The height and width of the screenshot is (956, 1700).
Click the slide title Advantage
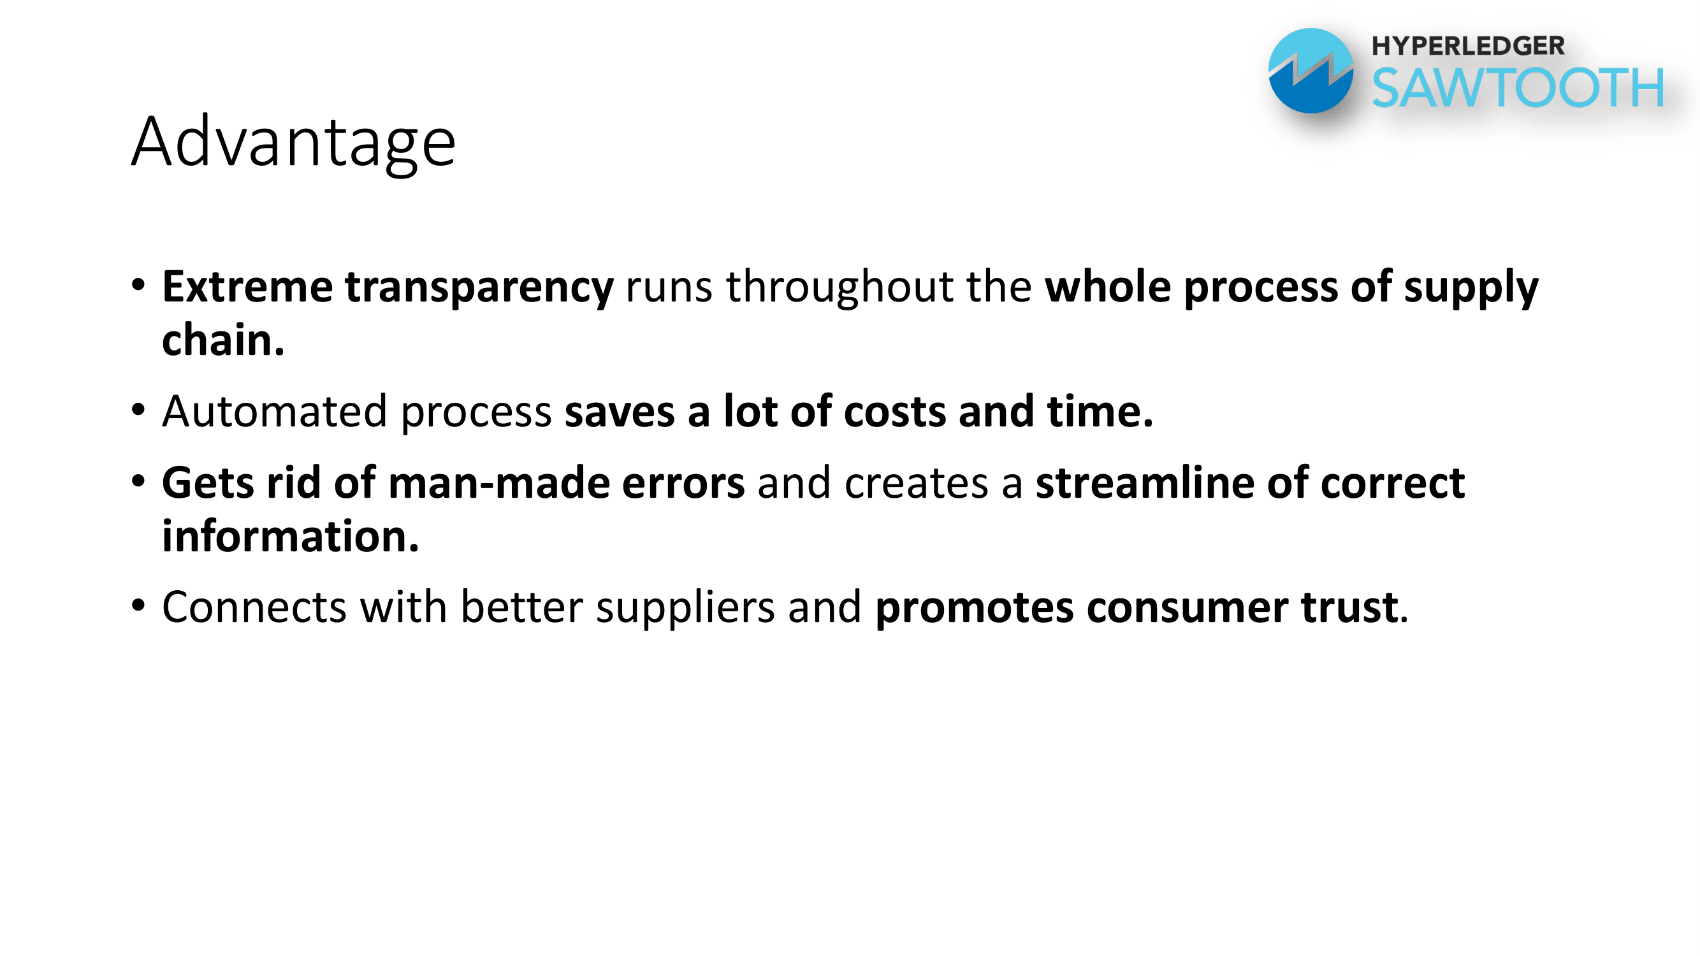[x=294, y=143]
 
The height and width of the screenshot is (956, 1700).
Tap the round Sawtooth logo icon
[x=1311, y=71]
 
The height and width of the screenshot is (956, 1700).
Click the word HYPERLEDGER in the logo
[x=1469, y=46]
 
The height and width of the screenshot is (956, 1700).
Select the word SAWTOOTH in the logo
[x=1518, y=87]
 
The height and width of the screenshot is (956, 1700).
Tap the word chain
[x=223, y=340]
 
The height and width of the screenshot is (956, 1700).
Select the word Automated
[x=275, y=411]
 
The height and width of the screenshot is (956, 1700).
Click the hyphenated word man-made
[x=499, y=482]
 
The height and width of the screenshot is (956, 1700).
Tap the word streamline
[x=1144, y=482]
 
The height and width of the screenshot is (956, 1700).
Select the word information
[x=291, y=536]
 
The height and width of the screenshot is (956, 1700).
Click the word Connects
[x=254, y=607]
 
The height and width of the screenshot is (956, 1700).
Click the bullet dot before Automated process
[x=138, y=410]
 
